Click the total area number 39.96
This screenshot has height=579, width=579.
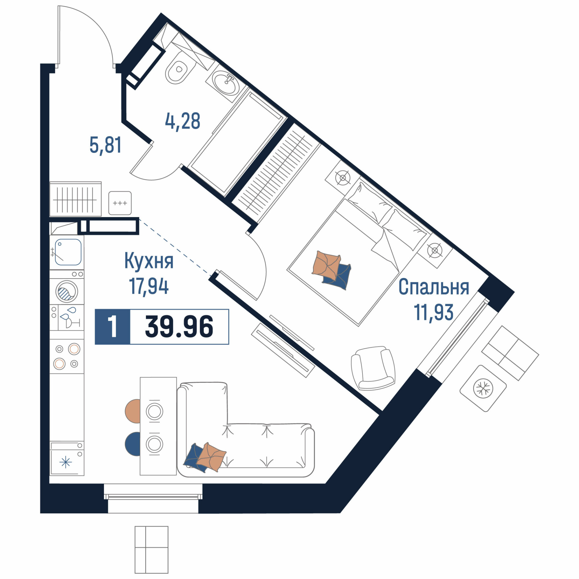click(179, 327)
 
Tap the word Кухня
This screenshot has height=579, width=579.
click(149, 261)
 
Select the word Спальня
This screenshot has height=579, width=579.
click(434, 287)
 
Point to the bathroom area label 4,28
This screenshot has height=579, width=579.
click(182, 122)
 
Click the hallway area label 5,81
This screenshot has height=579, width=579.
click(105, 145)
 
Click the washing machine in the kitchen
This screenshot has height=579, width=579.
click(67, 291)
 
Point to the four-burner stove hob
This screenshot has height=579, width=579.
click(67, 356)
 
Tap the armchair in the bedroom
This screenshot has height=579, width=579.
click(373, 369)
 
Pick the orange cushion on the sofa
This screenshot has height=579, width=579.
click(212, 457)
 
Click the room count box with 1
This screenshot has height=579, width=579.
click(113, 327)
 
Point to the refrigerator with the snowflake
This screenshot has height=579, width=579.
click(67, 459)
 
